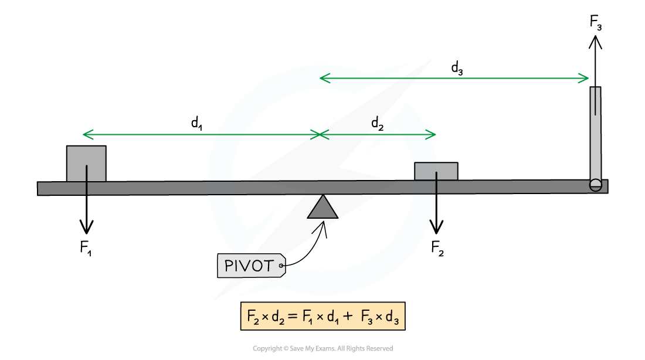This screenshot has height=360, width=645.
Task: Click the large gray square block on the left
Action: coord(86,164)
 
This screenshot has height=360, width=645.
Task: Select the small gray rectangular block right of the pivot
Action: coord(436,171)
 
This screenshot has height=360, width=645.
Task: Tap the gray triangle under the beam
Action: coord(322,208)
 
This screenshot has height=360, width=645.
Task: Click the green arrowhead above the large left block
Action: coord(87,135)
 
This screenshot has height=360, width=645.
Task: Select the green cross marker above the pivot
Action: coord(319,135)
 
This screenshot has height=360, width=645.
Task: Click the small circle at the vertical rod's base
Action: coord(596,185)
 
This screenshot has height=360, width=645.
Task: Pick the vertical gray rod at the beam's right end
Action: coord(596,135)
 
